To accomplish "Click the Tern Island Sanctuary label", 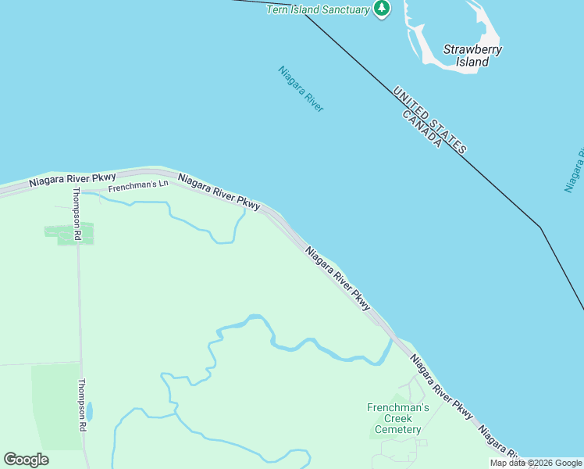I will click(x=317, y=9).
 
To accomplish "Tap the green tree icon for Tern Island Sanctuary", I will click(x=382, y=9).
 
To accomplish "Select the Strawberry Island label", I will click(x=472, y=55).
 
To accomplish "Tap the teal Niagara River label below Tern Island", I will click(x=301, y=88).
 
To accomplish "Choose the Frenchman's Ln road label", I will click(x=138, y=186).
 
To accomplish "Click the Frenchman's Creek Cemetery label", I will click(x=398, y=418).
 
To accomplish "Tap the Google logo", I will click(x=26, y=460).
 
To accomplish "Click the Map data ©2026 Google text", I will click(x=536, y=463).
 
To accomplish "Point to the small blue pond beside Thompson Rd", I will click(x=90, y=411).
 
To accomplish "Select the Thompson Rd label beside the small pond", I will click(x=81, y=406).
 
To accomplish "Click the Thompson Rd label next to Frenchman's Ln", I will click(x=77, y=213).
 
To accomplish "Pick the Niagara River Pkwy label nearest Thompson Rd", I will click(x=73, y=180).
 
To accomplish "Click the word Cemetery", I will click(x=398, y=429).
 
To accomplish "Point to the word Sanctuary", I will click(x=340, y=9).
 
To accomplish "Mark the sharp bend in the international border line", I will click(x=540, y=227).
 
